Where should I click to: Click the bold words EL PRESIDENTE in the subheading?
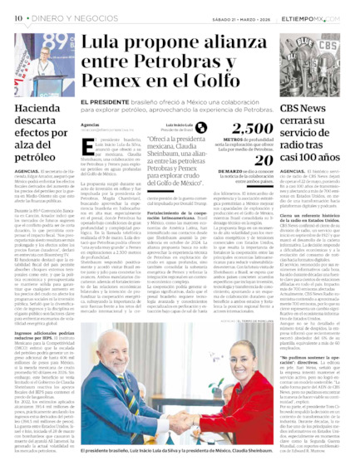(x=105, y=103)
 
